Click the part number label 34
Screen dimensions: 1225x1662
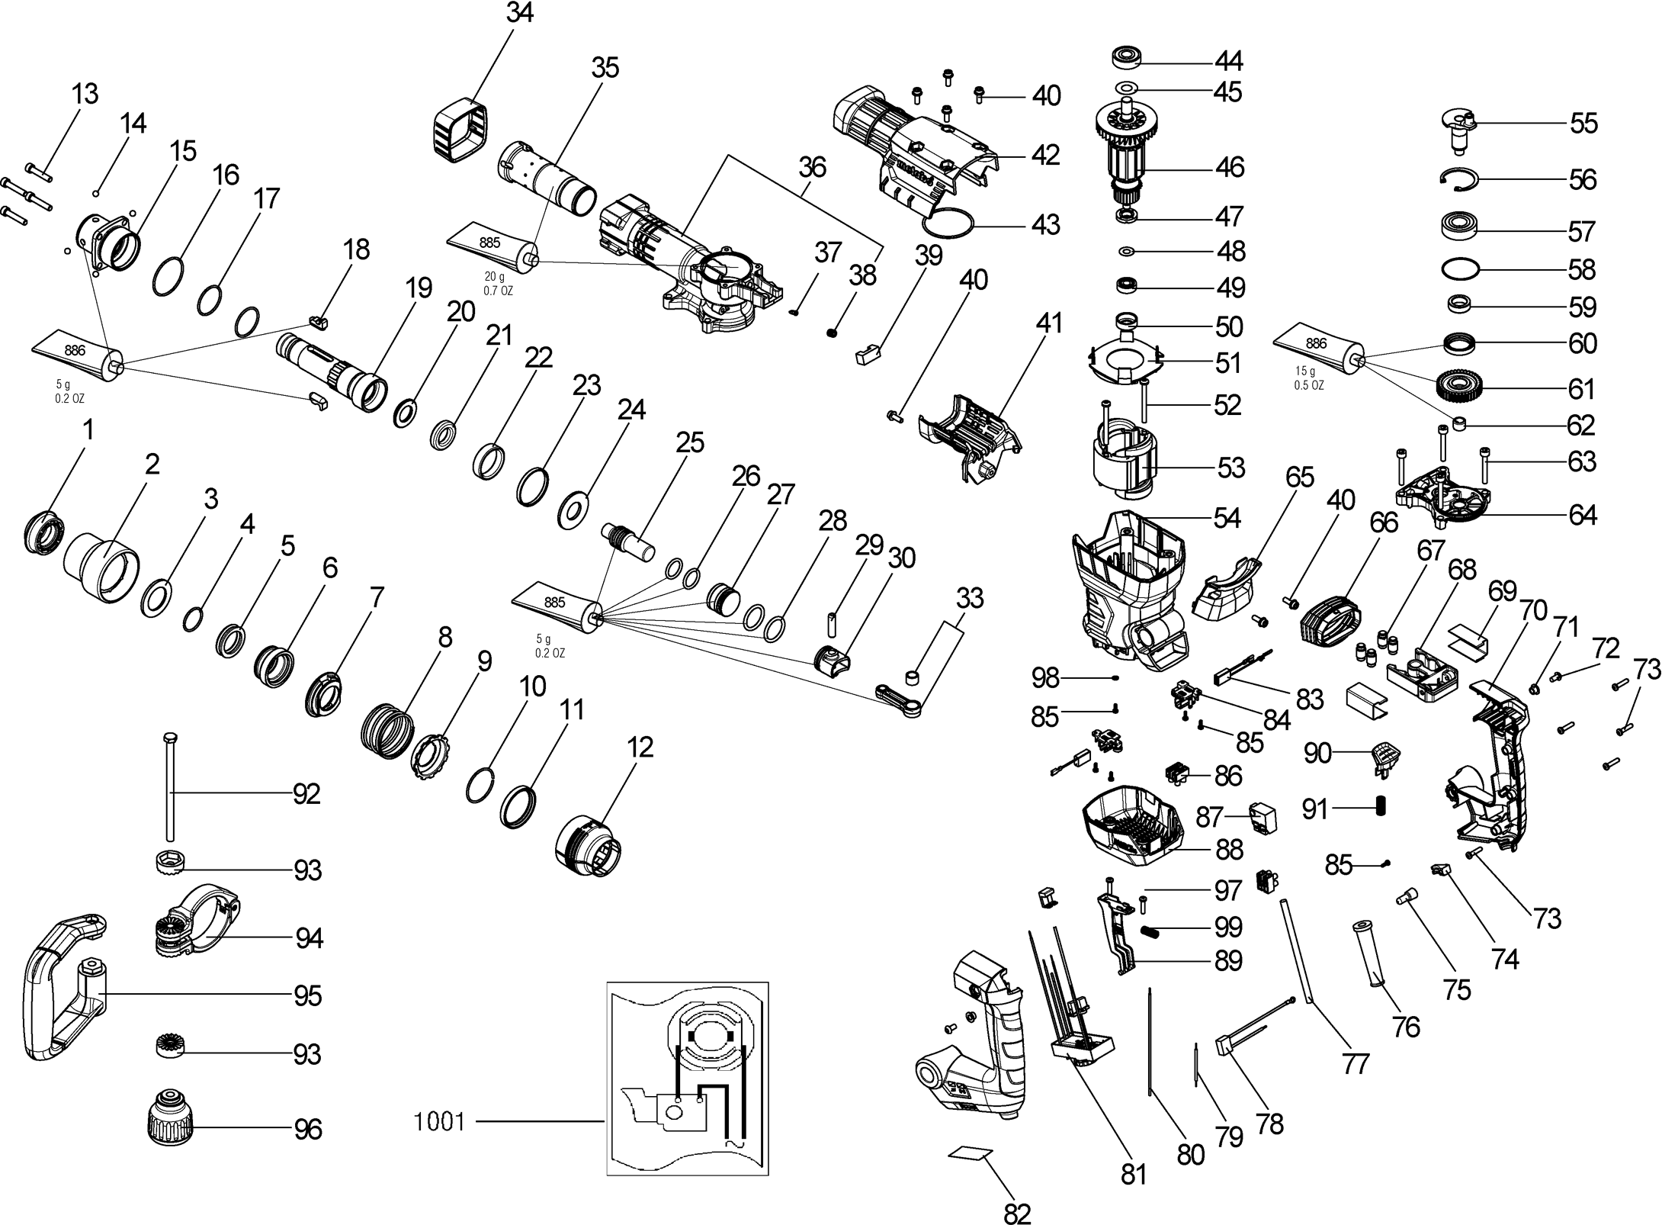click(520, 14)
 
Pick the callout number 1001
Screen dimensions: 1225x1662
click(439, 1122)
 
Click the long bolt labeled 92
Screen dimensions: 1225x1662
click(168, 786)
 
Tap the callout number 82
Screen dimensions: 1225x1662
click(1018, 1213)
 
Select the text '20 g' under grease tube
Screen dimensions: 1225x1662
click(494, 276)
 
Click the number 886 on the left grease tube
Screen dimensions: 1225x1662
click(75, 350)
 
